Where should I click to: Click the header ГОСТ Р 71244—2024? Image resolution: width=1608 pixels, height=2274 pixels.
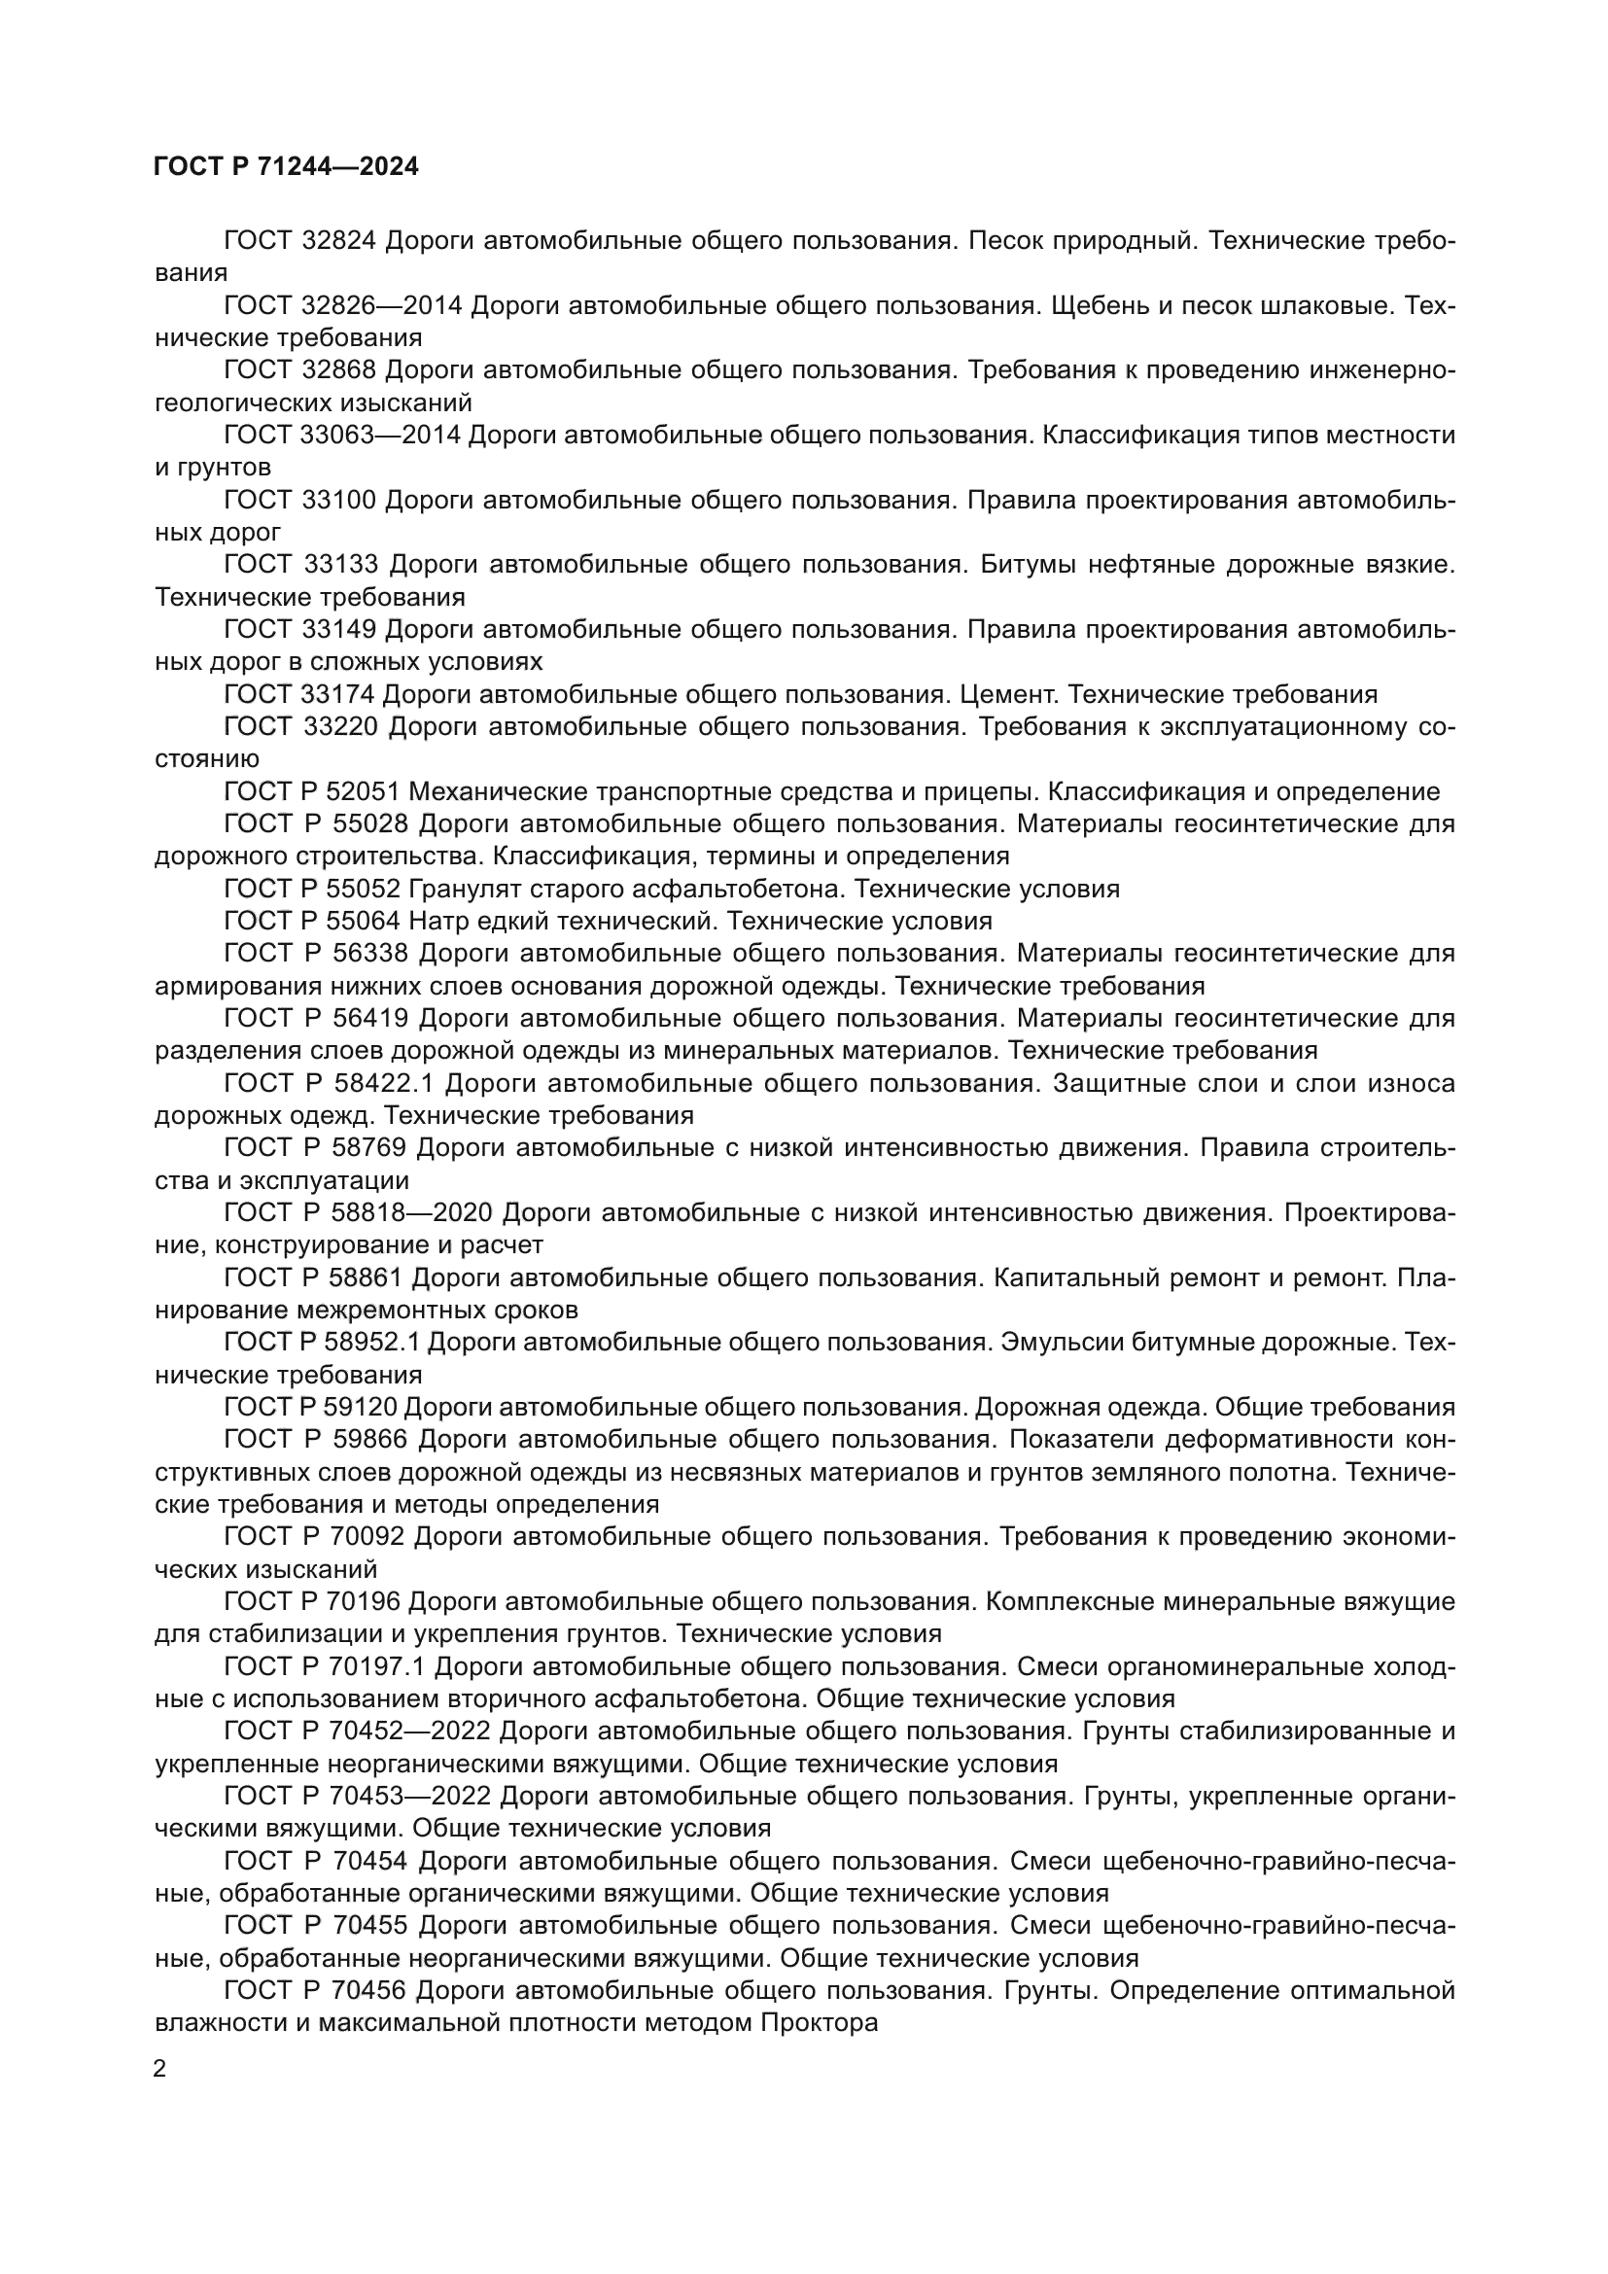coord(286,166)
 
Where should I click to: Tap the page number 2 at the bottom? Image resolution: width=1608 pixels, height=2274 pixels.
coord(160,2070)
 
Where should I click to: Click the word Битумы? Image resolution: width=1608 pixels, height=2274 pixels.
coord(1027,565)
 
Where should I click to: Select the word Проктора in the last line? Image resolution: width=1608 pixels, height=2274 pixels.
coord(820,2022)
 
